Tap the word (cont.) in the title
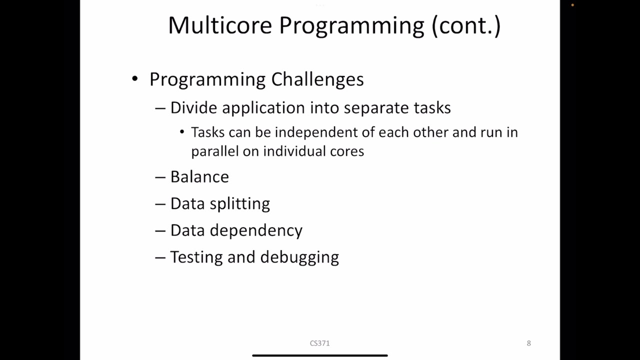pyautogui.click(x=466, y=25)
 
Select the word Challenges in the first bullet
pyautogui.click(x=317, y=79)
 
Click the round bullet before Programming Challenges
pyautogui.click(x=134, y=79)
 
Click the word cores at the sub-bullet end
pyautogui.click(x=347, y=151)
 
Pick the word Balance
pyautogui.click(x=199, y=176)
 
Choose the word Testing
pyautogui.click(x=196, y=257)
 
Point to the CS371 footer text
pyautogui.click(x=319, y=343)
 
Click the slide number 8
pyautogui.click(x=528, y=343)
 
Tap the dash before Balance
pyautogui.click(x=160, y=177)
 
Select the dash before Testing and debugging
pyautogui.click(x=160, y=257)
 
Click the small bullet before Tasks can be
pyautogui.click(x=182, y=132)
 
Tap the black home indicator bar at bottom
pyautogui.click(x=320, y=355)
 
